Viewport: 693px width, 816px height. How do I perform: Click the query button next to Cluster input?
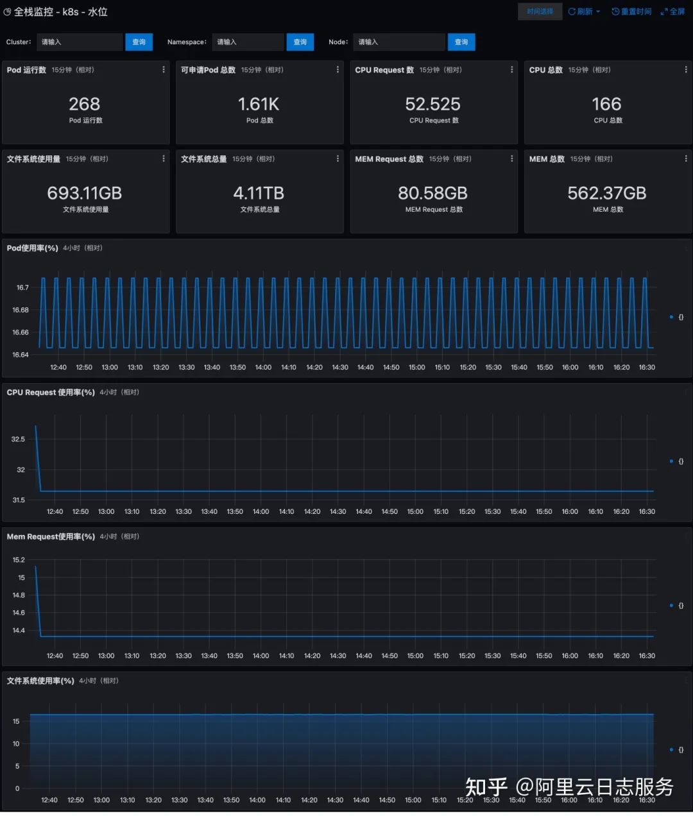point(139,42)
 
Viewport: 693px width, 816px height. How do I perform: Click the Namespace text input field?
point(248,42)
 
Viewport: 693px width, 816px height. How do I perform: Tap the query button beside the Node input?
point(461,42)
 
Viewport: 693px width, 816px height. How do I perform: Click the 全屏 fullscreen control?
point(673,12)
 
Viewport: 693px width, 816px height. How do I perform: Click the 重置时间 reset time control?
point(631,12)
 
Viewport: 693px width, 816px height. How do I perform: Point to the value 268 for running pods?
point(85,104)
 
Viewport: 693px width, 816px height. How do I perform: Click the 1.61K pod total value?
point(259,104)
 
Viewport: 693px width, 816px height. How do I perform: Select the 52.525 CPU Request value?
point(433,104)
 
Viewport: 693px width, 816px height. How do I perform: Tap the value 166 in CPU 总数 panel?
point(606,104)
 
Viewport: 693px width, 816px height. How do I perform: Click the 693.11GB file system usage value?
point(85,193)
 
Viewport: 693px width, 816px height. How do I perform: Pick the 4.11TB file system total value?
point(259,193)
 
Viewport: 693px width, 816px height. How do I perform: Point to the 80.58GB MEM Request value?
point(433,193)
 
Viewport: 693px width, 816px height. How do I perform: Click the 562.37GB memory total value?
point(606,193)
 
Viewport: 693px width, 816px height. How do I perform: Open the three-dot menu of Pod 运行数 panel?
point(164,70)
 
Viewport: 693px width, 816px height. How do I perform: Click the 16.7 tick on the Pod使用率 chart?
point(22,288)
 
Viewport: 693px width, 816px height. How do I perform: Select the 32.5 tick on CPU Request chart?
point(18,439)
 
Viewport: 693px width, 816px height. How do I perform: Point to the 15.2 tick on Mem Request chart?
point(19,560)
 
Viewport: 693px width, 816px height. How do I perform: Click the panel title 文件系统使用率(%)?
point(40,681)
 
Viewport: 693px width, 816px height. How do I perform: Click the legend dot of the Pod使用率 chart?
point(671,317)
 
